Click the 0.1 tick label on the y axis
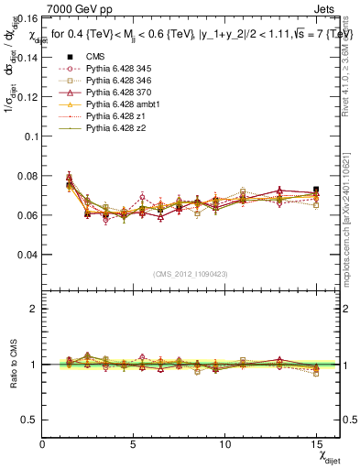coord(28,136)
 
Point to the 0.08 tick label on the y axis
coord(26,176)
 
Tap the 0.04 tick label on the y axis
coord(26,255)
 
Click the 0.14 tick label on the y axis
coord(26,57)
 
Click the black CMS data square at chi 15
coord(316,190)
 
